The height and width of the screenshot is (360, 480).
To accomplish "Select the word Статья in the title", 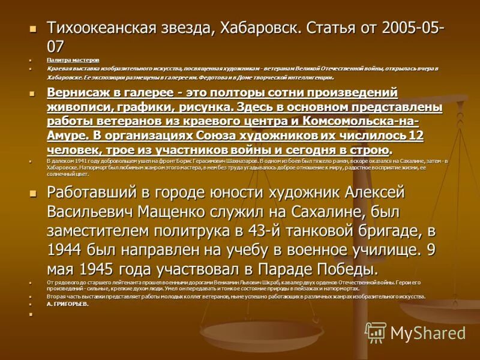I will click(338, 28).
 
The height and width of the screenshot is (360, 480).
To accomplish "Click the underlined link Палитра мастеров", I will click(73, 60).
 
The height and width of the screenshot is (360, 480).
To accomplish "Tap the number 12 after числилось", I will click(416, 136).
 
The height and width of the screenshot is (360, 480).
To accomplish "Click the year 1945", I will click(107, 268).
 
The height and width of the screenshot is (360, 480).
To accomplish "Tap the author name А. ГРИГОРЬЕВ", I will click(68, 304).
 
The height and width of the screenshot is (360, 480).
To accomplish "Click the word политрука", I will click(185, 230).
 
